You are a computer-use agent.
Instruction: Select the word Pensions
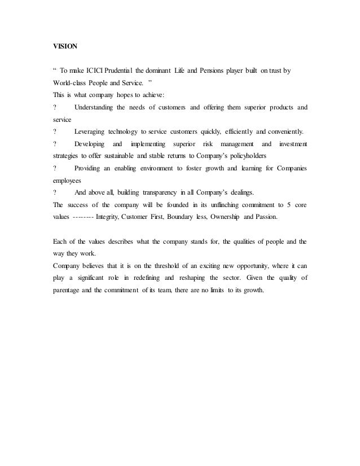tap(211, 72)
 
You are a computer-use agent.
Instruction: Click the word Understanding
tap(96, 107)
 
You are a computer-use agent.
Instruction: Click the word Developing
tap(90, 143)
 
